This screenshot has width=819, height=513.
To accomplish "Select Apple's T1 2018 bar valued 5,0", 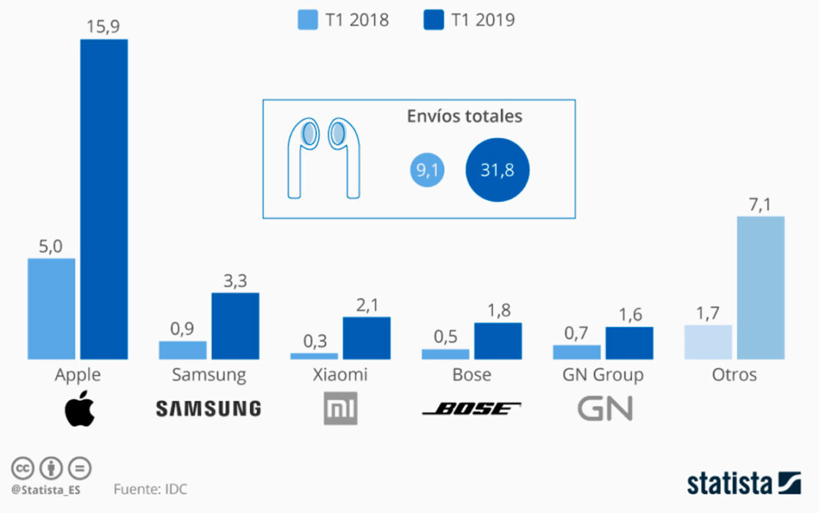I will click(x=51, y=308).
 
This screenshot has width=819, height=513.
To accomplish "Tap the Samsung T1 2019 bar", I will click(x=235, y=326).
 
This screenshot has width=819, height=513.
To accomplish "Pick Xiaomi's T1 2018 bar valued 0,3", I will click(x=314, y=356).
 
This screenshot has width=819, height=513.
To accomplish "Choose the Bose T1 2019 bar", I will click(x=498, y=340).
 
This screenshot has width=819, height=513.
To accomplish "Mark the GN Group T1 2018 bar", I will click(x=576, y=352).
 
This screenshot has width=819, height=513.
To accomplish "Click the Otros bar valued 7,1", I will click(x=761, y=287).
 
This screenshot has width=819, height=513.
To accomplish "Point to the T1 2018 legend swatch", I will click(x=308, y=20).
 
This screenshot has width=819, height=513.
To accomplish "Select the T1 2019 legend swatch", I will click(x=434, y=20).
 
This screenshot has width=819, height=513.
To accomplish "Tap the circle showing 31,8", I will click(x=497, y=170).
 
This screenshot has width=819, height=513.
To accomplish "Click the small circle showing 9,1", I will click(x=428, y=170).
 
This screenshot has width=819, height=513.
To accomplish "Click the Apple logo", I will click(x=79, y=409).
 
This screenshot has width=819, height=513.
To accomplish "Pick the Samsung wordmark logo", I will click(x=208, y=409).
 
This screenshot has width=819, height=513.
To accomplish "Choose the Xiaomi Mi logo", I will click(x=340, y=409).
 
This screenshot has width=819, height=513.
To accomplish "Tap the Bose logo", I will click(x=471, y=409).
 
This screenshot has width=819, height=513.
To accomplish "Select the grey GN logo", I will click(x=604, y=409).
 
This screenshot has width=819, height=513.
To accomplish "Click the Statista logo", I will click(x=743, y=483).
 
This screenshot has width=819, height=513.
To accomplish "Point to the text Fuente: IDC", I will click(x=150, y=489).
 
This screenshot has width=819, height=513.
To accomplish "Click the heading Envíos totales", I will click(x=464, y=117).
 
